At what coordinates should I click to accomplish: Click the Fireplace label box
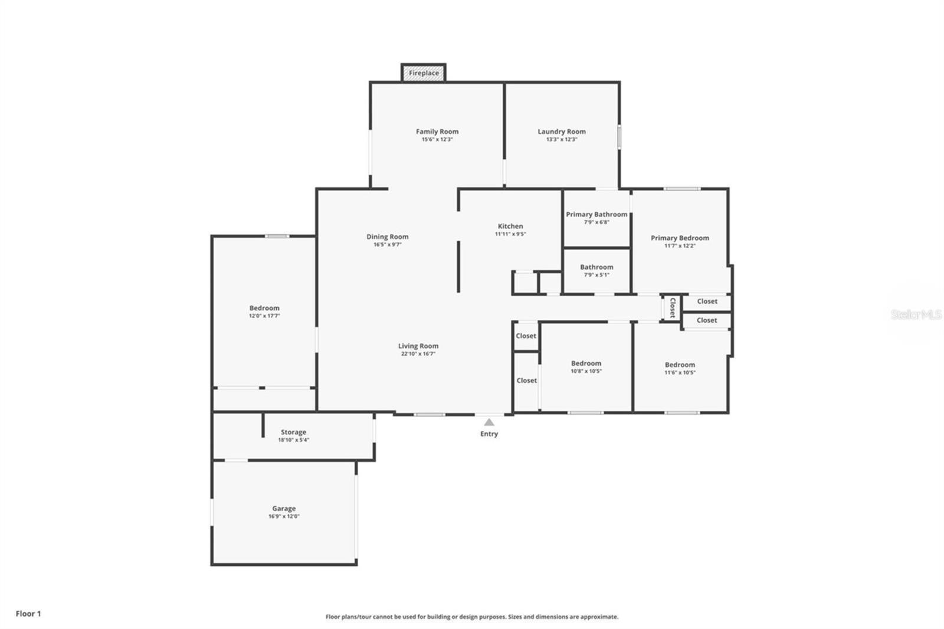(x=424, y=73)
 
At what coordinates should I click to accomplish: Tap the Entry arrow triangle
(x=489, y=422)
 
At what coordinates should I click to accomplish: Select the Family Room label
(x=437, y=132)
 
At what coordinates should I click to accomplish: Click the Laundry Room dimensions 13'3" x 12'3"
(x=561, y=139)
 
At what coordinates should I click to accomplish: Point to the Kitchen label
(x=510, y=226)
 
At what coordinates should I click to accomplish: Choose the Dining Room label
(x=387, y=237)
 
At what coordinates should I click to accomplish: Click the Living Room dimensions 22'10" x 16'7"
(x=418, y=353)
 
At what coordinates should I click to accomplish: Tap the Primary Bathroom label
(x=596, y=214)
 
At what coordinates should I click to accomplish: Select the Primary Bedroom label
(x=680, y=238)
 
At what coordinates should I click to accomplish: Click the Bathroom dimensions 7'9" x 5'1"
(x=596, y=275)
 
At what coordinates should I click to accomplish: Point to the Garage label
(x=284, y=509)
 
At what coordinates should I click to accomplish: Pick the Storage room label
(x=293, y=432)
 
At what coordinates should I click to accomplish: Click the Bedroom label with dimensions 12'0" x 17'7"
(x=264, y=308)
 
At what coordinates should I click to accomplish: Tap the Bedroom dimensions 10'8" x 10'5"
(x=586, y=371)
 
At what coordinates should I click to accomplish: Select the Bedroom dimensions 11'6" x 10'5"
(x=680, y=373)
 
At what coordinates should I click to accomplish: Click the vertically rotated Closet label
(x=672, y=308)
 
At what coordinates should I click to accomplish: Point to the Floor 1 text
(x=28, y=614)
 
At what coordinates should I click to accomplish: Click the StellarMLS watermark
(x=916, y=314)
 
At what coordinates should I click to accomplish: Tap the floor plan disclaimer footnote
(x=472, y=617)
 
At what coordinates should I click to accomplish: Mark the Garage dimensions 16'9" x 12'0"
(x=284, y=516)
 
